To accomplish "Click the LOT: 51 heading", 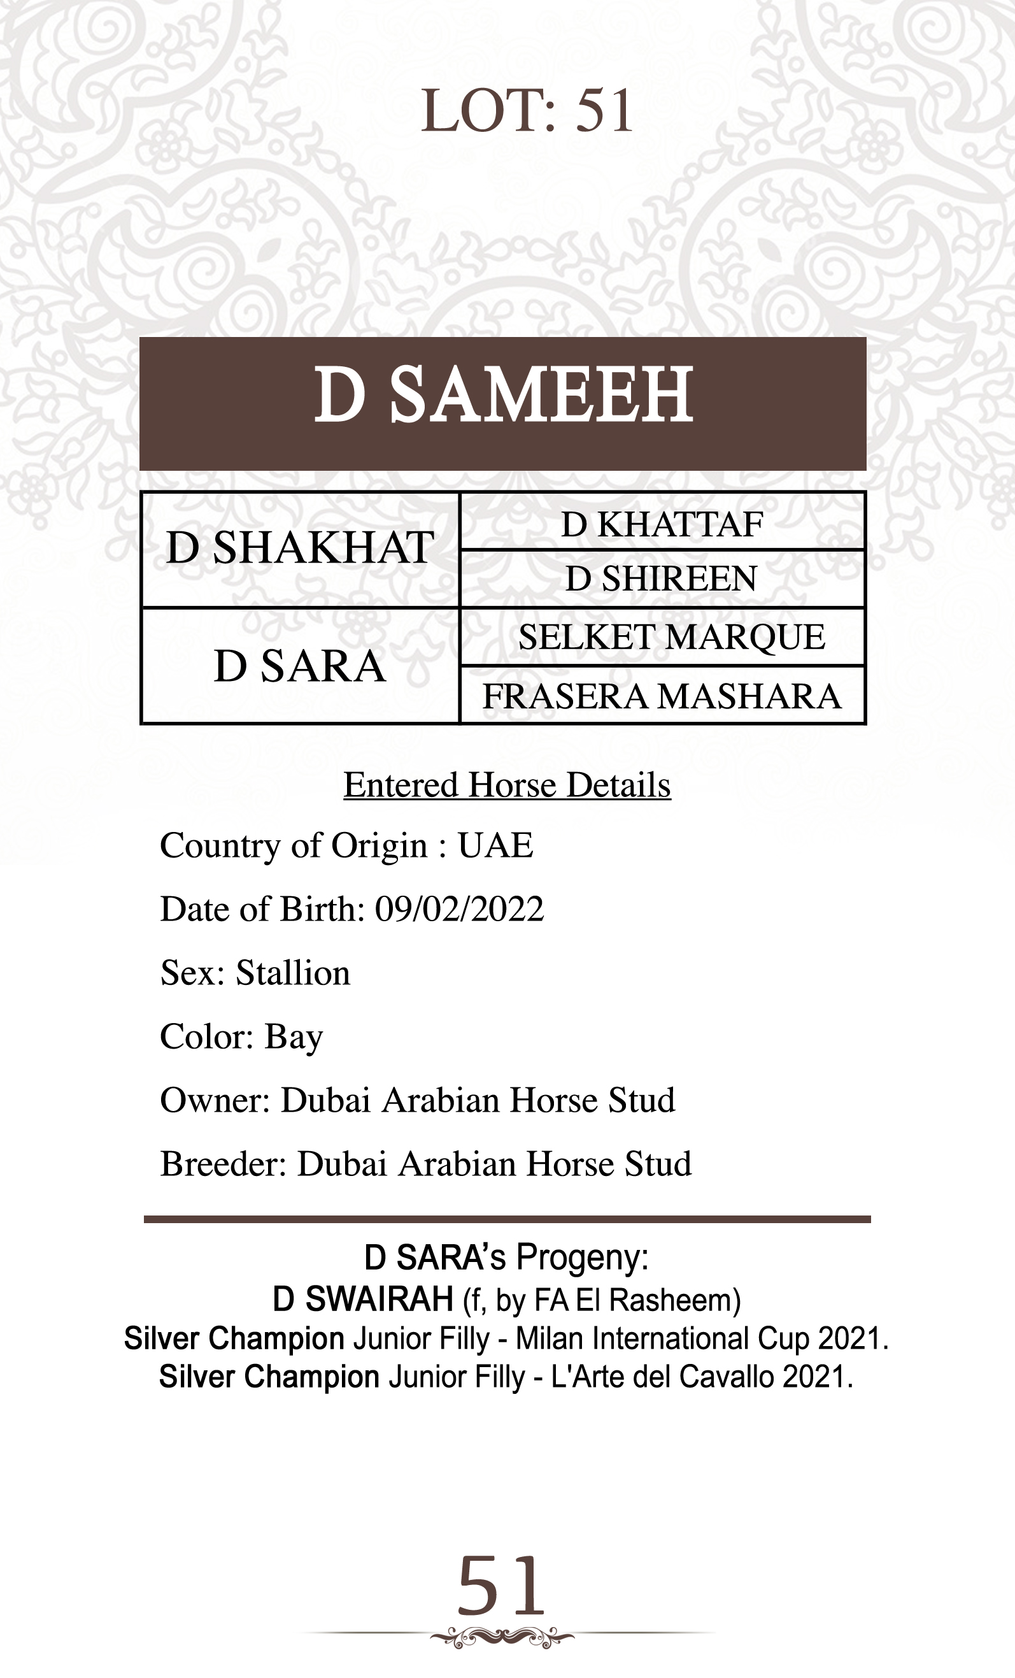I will point(526,111).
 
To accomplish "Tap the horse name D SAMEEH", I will point(503,395).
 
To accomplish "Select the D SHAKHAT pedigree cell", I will point(300,549).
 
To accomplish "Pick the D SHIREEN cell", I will point(662,579).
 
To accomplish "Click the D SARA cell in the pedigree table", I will point(299,666).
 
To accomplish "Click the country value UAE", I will point(495,846).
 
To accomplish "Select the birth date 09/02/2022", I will point(460,909).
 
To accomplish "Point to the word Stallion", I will point(293,973).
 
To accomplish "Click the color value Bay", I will point(294,1037).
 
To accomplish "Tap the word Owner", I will point(215,1100).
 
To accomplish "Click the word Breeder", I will point(224,1164).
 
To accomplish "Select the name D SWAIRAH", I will point(363,1300).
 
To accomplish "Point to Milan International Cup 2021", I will point(701,1339).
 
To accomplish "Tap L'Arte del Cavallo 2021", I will point(701,1377).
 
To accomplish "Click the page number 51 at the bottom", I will point(502,1587).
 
